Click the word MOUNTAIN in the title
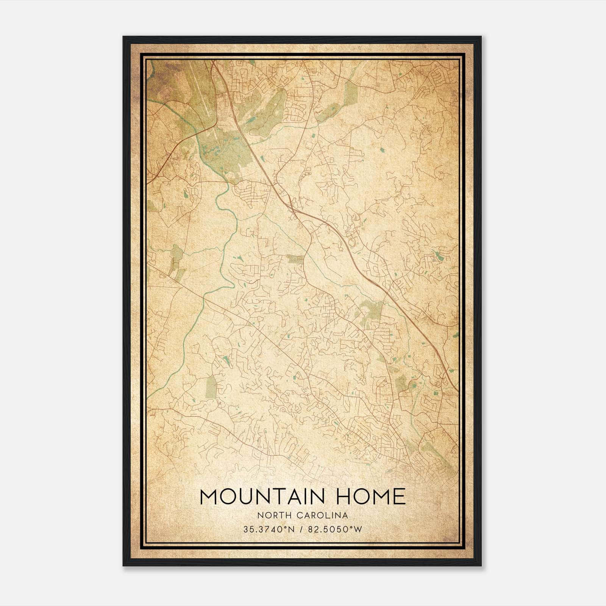tap(261, 497)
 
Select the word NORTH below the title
tap(270, 515)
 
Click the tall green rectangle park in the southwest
tap(211, 386)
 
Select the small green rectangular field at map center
tap(295, 259)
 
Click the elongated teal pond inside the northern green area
tap(251, 120)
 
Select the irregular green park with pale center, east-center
tap(369, 312)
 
